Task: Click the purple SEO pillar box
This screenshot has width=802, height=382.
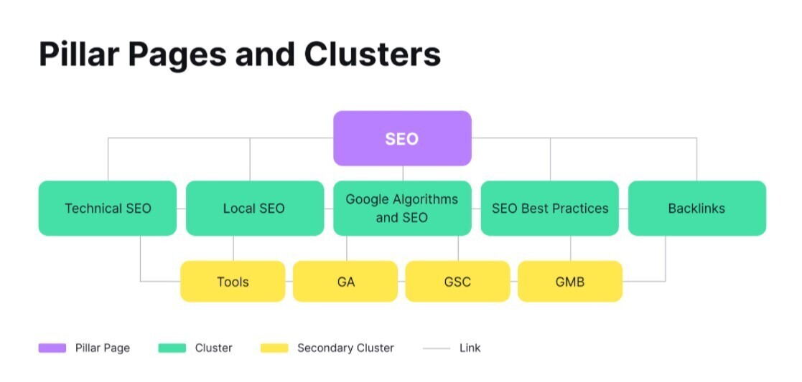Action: pos(402,138)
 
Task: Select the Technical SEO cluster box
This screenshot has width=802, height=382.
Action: pos(108,209)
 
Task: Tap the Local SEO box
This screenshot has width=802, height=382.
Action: pos(254,209)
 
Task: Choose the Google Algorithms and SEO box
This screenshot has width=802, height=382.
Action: pos(402,209)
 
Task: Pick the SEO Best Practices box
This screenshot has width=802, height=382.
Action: pos(550,209)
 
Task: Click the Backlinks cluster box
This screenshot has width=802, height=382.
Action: pos(696,209)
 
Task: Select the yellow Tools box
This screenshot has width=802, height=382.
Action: pos(233,282)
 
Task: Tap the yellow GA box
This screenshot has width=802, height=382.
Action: pos(345,282)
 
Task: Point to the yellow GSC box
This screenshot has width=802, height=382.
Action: pos(457,282)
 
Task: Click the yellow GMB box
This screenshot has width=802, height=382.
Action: pos(570,282)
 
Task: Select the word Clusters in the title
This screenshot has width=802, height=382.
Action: pos(372,54)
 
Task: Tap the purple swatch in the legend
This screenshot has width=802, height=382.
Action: pos(52,348)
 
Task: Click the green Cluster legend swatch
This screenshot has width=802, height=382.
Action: pos(172,348)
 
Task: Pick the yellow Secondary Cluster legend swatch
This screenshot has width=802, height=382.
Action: pos(274,348)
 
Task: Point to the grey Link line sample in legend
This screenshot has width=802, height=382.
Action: pos(437,348)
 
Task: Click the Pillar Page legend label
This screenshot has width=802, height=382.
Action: pos(103,348)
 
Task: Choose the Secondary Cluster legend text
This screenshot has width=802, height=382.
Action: pos(345,348)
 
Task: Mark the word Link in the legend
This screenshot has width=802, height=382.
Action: pos(470,348)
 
